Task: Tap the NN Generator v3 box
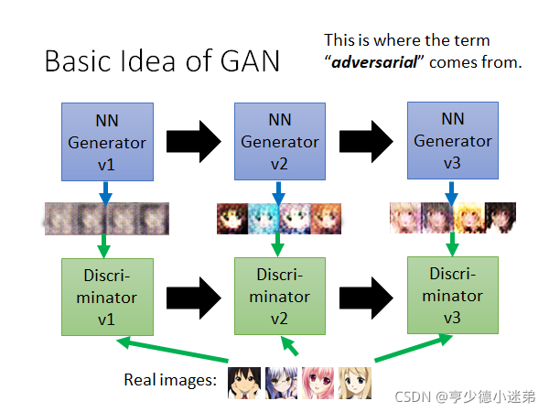pyautogui.click(x=451, y=142)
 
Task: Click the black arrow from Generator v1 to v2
pyautogui.click(x=193, y=142)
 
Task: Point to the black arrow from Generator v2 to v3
pyautogui.click(x=368, y=142)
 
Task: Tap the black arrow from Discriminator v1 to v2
pyautogui.click(x=193, y=298)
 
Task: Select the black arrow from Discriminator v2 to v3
pyautogui.click(x=368, y=298)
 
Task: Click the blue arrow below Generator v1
pyautogui.click(x=104, y=192)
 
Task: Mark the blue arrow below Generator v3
pyautogui.click(x=452, y=191)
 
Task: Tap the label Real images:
pyautogui.click(x=169, y=378)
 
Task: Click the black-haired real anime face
pyautogui.click(x=242, y=382)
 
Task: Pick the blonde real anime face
pyautogui.click(x=355, y=382)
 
